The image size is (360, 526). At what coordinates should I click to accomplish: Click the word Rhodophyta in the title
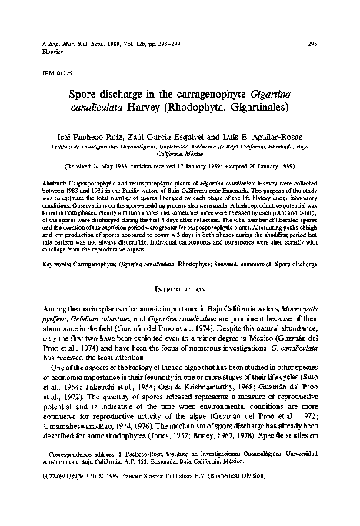click(192, 114)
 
